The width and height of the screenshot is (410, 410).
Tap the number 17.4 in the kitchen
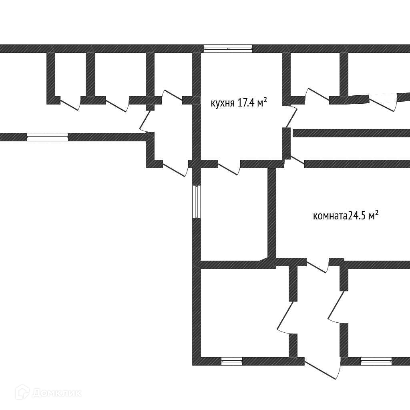[x=246, y=103]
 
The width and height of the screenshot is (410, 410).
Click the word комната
[x=330, y=217]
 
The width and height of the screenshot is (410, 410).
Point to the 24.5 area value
[x=357, y=216]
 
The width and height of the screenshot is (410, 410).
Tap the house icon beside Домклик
[x=22, y=392]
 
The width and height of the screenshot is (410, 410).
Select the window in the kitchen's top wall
[x=228, y=49]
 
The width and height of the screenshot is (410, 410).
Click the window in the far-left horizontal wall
[x=47, y=137]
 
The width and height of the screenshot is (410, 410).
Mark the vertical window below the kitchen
[x=197, y=201]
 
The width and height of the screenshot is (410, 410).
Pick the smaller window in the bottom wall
[x=232, y=361]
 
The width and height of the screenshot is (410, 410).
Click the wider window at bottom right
[x=376, y=361]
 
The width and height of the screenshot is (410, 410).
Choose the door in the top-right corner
[x=383, y=103]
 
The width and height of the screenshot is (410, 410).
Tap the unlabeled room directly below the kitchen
[x=234, y=214]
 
